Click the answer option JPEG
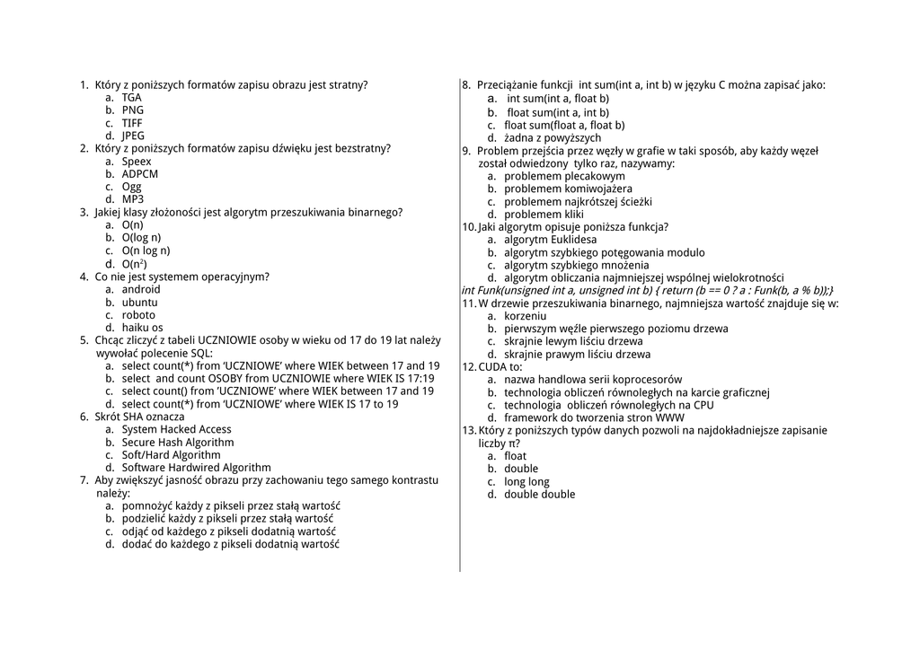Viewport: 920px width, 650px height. pyautogui.click(x=132, y=136)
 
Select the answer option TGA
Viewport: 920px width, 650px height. pyautogui.click(x=131, y=98)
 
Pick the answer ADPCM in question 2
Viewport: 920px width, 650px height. pyautogui.click(x=139, y=174)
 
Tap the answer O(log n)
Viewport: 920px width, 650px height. pyautogui.click(x=141, y=238)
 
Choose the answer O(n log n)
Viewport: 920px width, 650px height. pyautogui.click(x=146, y=250)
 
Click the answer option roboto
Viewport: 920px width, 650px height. pyautogui.click(x=138, y=315)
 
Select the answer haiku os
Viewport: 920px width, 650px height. pyautogui.click(x=143, y=328)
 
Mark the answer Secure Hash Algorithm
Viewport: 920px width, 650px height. pyautogui.click(x=178, y=443)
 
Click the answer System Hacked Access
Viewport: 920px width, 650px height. pyautogui.click(x=176, y=429)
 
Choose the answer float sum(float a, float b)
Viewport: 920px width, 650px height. pyautogui.click(x=564, y=126)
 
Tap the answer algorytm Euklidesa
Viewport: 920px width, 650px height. pyautogui.click(x=550, y=240)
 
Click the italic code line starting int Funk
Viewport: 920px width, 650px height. pyautogui.click(x=647, y=291)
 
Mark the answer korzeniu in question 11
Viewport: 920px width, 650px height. pyautogui.click(x=525, y=316)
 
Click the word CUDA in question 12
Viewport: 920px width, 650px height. pyautogui.click(x=492, y=367)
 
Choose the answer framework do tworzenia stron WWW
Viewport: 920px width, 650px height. pyautogui.click(x=594, y=417)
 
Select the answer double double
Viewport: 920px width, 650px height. pyautogui.click(x=539, y=495)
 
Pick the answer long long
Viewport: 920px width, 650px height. pyautogui.click(x=526, y=482)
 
